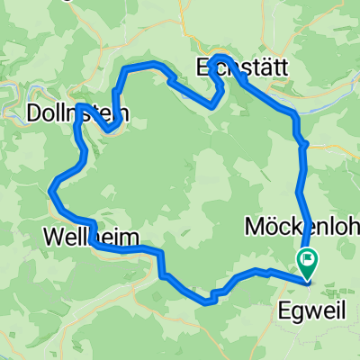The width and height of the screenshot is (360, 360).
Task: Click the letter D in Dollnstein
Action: (x=34, y=114)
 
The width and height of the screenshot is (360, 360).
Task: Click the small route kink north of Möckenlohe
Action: (x=304, y=143)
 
